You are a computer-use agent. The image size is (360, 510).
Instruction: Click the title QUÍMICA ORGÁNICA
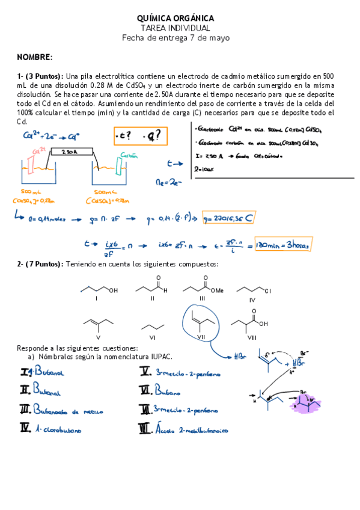175,19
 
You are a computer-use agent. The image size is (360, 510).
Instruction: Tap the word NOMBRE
34,57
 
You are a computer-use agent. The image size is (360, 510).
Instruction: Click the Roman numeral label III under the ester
203,298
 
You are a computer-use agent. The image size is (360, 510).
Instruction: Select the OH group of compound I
114,290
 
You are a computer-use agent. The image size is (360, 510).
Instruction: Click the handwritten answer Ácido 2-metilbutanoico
191,429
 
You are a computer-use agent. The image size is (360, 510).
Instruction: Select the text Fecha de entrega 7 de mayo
175,37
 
